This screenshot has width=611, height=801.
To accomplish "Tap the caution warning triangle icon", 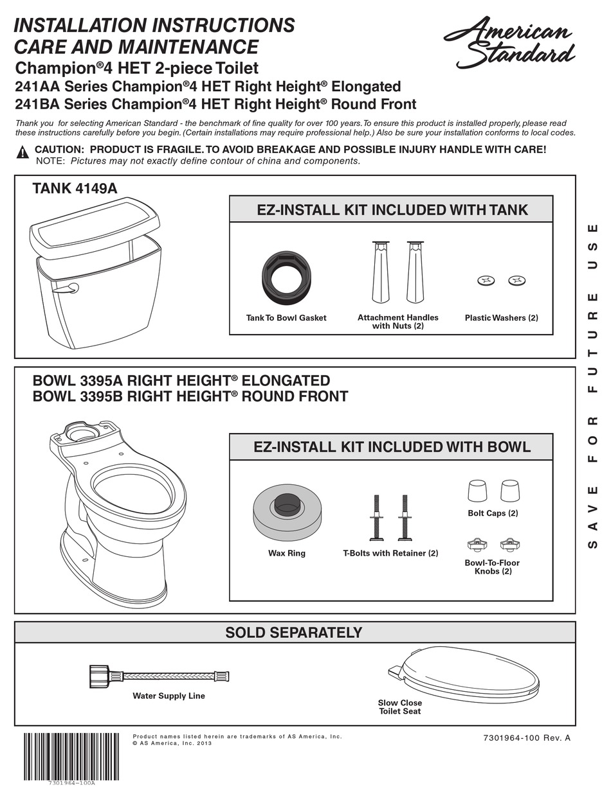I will coord(23,152).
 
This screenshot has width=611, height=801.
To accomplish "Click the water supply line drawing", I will coord(158,676).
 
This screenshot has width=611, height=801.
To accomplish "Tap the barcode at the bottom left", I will coord(71,756).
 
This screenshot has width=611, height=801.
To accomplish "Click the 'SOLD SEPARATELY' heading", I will coord(294,632).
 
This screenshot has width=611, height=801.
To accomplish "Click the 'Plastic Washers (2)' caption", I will coord(501,318).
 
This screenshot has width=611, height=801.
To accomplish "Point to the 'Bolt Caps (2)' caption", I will coord(493,513).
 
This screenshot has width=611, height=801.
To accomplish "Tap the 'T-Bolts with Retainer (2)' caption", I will coord(390,553).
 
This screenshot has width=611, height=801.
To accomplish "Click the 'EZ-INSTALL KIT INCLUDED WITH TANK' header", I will coord(392,209).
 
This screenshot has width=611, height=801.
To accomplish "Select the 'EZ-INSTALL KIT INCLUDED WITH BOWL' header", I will coord(392,447).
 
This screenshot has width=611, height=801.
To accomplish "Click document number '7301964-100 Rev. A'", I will coord(526,738).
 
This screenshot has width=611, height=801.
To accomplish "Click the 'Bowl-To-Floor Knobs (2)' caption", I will coord(493,567).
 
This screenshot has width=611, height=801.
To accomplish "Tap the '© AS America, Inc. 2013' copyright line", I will coord(172,744).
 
